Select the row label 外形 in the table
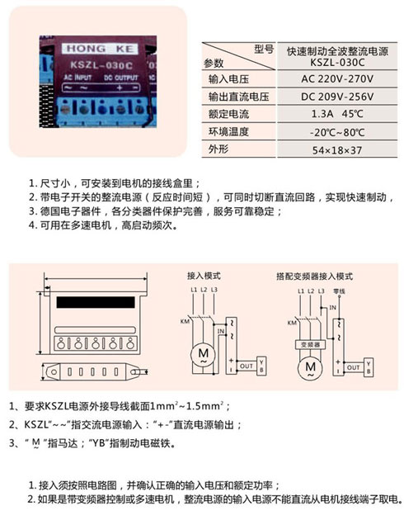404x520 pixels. (x=217, y=149)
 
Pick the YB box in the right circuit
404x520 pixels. (x=369, y=365)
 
